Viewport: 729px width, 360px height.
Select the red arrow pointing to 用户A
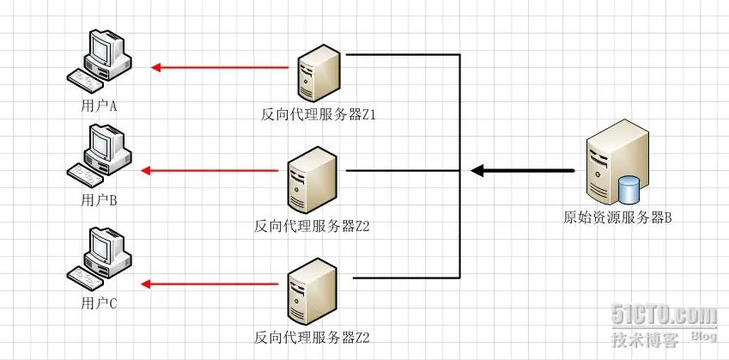point(219,66)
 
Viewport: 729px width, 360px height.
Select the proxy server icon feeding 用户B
point(312,180)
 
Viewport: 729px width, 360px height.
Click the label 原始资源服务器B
point(617,217)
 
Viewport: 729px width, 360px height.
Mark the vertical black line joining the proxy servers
point(460,172)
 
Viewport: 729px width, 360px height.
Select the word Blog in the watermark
point(704,336)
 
